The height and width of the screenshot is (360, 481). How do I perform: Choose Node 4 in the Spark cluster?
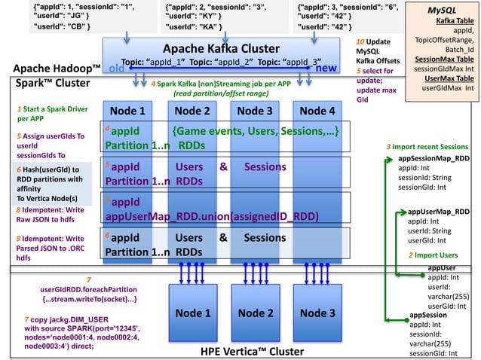coord(317,111)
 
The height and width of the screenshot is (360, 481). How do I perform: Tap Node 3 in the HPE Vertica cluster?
coord(317,313)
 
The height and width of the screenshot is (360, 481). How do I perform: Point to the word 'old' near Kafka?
coord(117,69)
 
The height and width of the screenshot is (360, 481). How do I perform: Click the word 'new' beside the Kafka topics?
coord(326,68)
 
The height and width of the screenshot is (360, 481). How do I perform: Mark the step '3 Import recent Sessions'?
coord(427,146)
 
